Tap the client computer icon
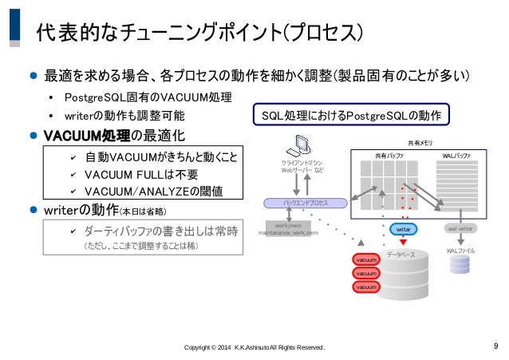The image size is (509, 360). (x=303, y=145)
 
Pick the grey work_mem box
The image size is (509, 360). (x=289, y=229)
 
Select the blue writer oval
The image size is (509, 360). (x=403, y=229)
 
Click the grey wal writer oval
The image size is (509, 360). (x=460, y=229)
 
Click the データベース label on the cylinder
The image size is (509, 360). (x=400, y=255)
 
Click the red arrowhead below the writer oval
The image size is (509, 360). (x=404, y=242)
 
